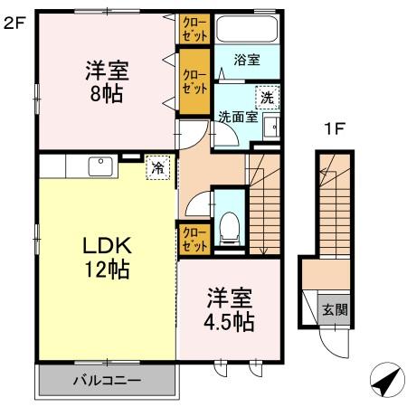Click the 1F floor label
click(335, 128)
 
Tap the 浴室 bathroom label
click(247, 61)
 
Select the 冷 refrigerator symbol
click(157, 168)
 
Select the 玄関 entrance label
click(336, 309)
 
